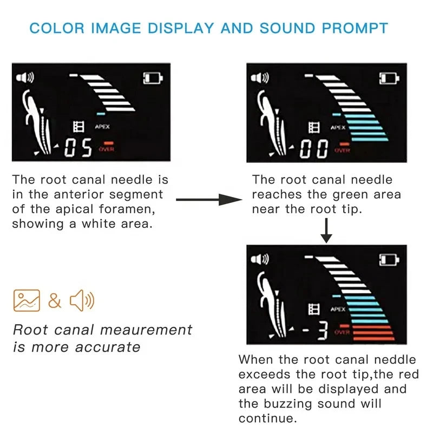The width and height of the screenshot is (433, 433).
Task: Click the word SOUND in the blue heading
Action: (x=287, y=28)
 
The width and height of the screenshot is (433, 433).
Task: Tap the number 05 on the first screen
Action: (x=78, y=148)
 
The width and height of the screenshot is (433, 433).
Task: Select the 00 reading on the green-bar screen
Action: (x=314, y=149)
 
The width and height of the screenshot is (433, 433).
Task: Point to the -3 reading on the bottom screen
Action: (x=315, y=330)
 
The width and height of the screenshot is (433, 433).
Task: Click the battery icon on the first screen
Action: (x=153, y=78)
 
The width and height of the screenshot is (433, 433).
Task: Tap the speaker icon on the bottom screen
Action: (x=259, y=259)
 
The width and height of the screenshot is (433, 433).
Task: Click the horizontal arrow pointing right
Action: (x=209, y=199)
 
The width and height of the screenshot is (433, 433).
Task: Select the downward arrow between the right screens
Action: (x=326, y=231)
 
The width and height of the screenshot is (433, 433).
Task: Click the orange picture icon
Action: (x=27, y=300)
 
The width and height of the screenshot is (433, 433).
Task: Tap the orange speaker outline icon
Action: (x=82, y=300)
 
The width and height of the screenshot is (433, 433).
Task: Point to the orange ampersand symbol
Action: (x=55, y=300)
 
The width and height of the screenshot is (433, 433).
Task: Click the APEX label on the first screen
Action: (x=102, y=127)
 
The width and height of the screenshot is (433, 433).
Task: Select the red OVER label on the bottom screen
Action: (x=342, y=332)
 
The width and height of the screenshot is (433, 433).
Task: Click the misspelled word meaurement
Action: (x=146, y=330)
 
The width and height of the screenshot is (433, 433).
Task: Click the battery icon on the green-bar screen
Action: (x=389, y=78)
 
